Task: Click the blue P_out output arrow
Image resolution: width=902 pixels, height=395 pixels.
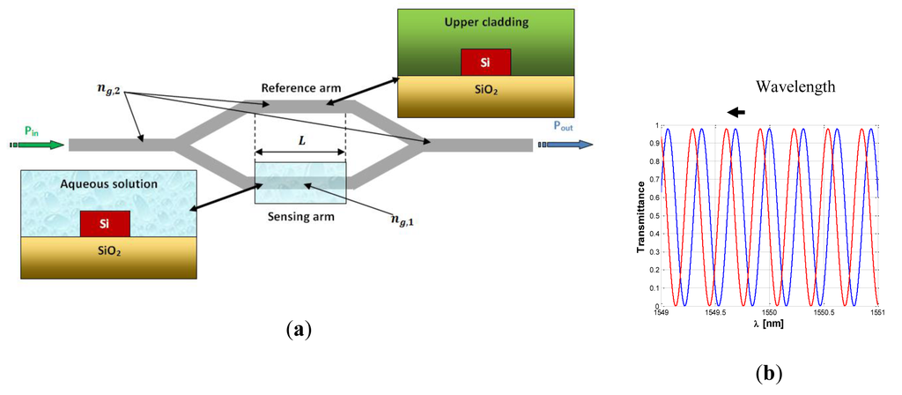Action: (566, 145)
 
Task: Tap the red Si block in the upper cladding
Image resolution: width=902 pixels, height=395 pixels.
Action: (485, 63)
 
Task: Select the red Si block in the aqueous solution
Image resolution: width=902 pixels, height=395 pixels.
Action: (105, 224)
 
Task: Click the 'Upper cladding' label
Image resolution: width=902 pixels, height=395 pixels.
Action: (485, 23)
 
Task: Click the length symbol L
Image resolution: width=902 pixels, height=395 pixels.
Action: (300, 141)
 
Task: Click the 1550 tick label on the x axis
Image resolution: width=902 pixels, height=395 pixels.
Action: (770, 311)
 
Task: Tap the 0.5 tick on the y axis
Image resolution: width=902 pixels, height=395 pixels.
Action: (654, 215)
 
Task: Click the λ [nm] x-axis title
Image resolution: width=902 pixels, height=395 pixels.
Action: (771, 324)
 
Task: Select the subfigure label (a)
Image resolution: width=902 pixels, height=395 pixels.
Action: (299, 330)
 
